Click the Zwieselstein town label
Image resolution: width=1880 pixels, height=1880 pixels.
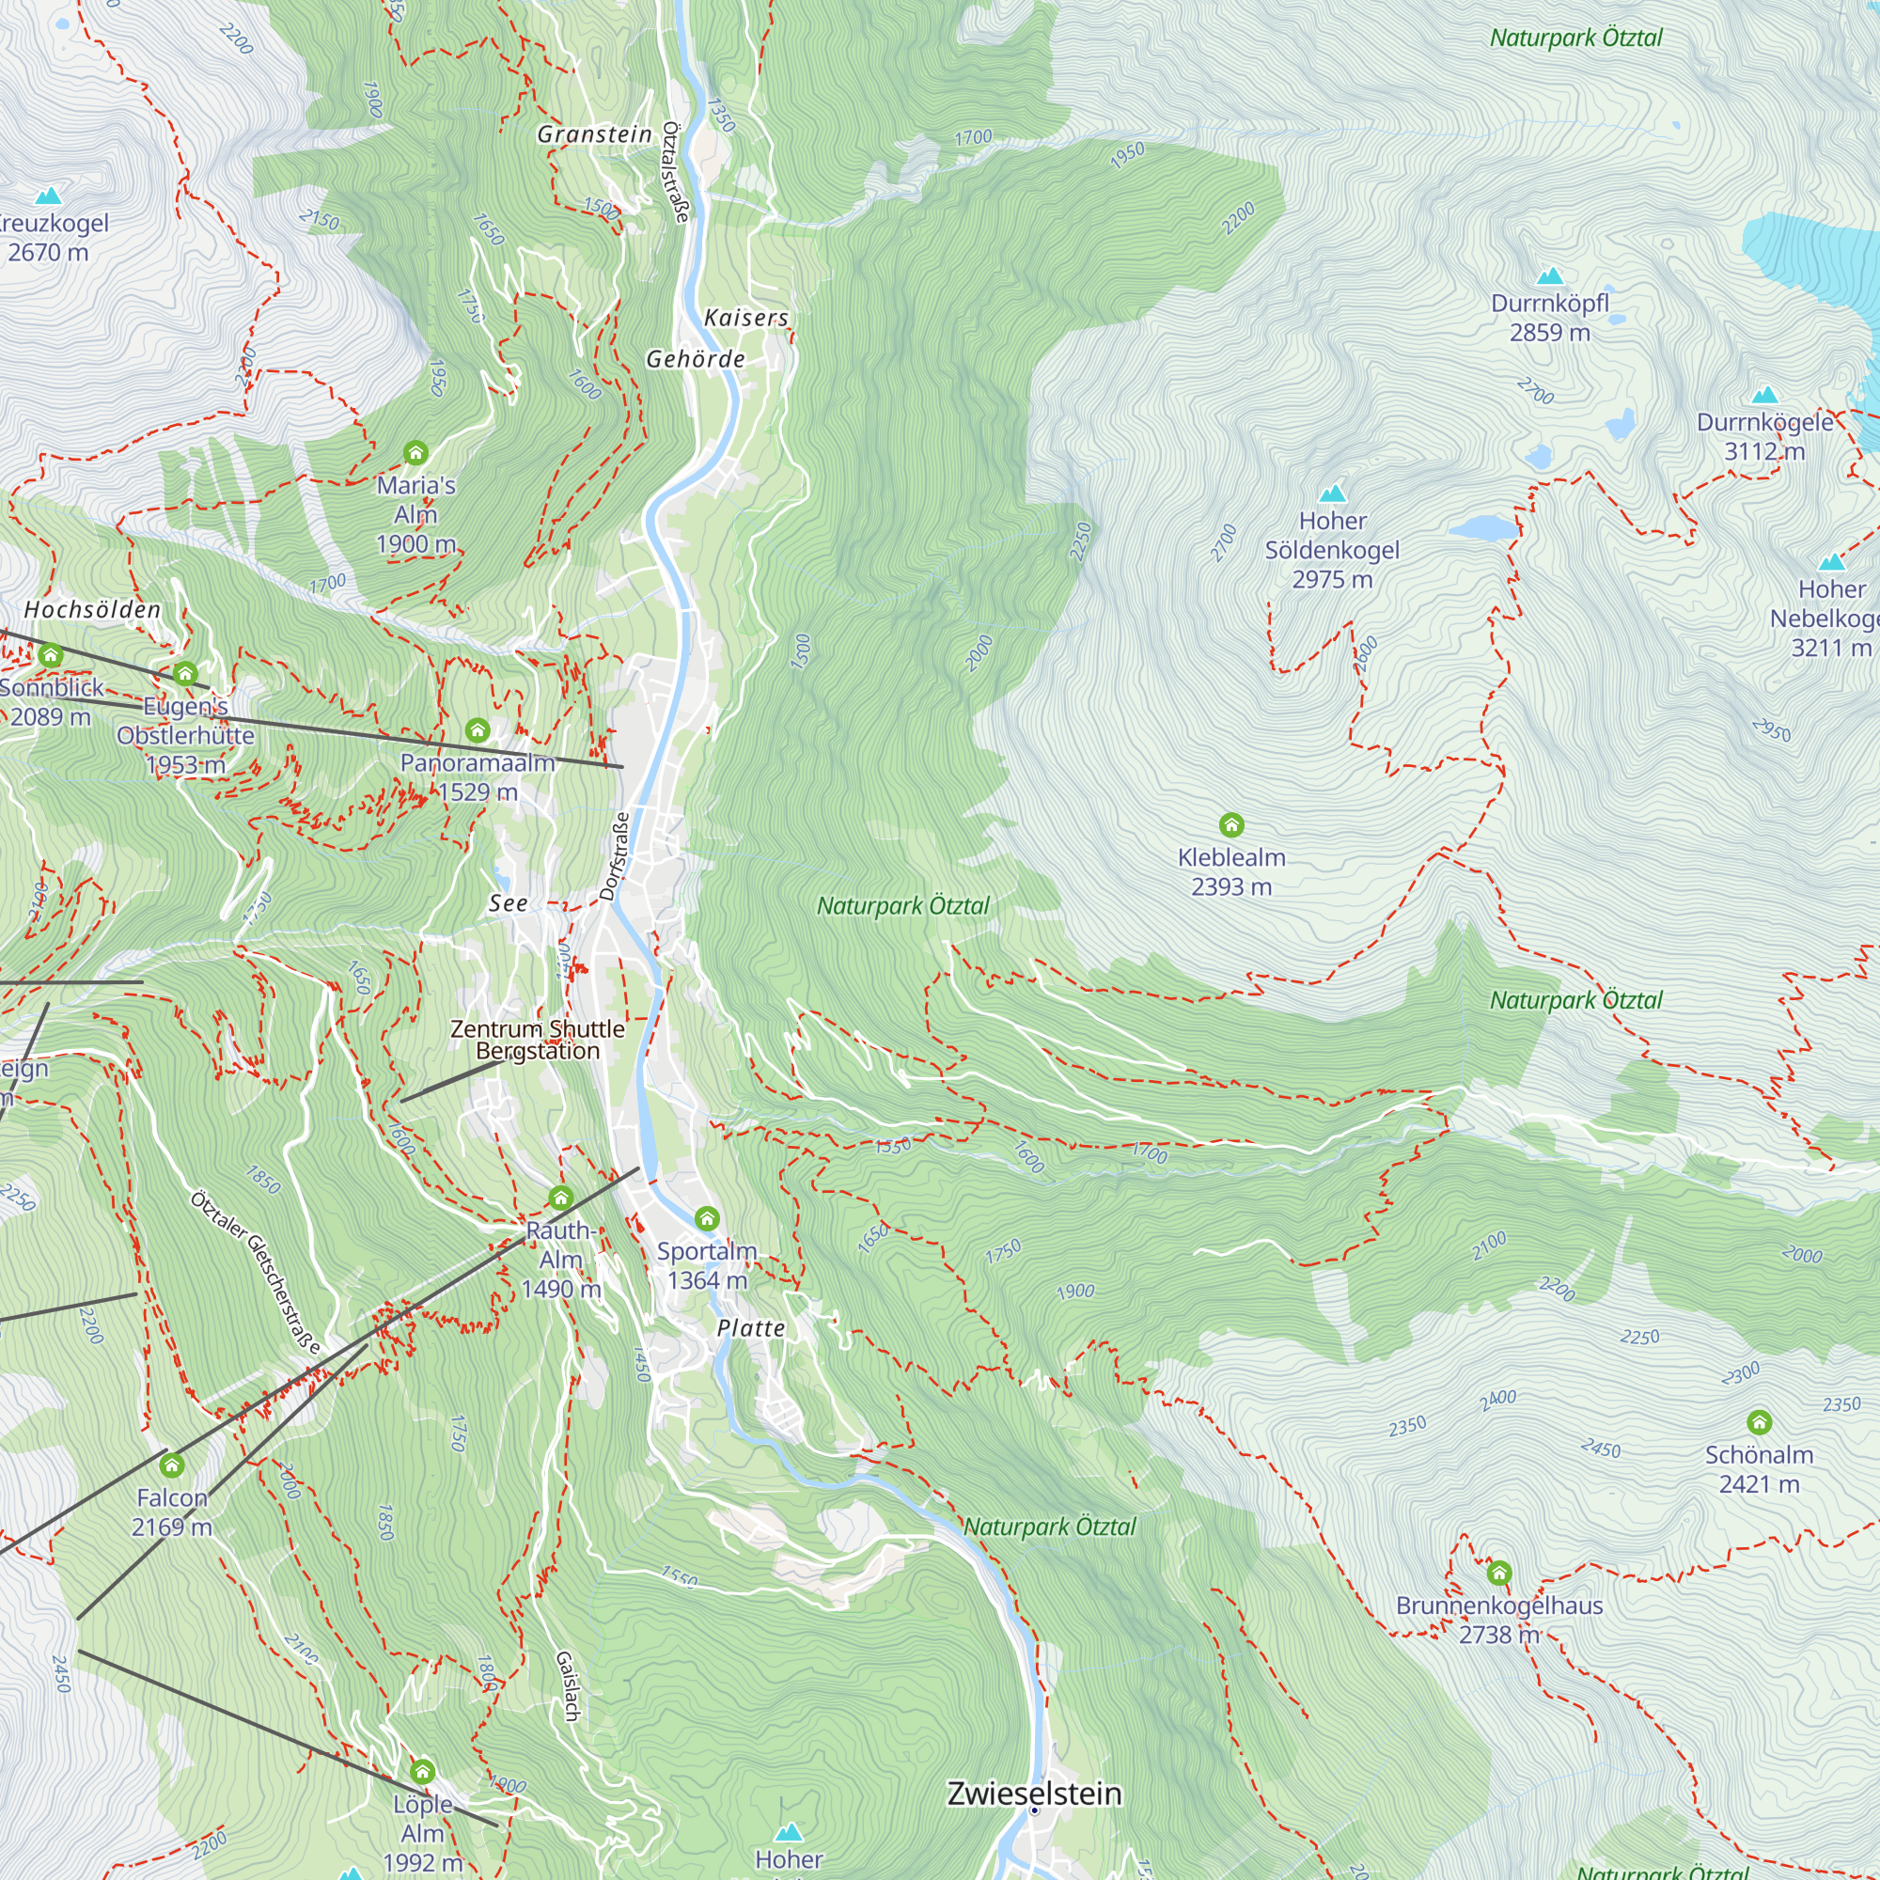tap(1034, 1794)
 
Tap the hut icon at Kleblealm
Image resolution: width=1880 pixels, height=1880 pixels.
tap(1231, 825)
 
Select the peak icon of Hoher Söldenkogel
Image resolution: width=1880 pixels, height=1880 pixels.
tap(1332, 493)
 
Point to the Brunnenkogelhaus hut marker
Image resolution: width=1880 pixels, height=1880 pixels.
tap(1498, 1573)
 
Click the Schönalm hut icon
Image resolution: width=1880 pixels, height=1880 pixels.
tap(1759, 1422)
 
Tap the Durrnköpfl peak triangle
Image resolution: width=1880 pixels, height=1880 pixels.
tap(1549, 276)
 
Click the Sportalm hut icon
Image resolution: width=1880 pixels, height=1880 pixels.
tap(707, 1218)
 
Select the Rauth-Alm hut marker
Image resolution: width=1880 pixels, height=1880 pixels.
tap(560, 1197)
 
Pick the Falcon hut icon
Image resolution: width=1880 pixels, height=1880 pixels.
tap(172, 1465)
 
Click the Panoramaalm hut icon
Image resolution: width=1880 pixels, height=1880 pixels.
tap(477, 729)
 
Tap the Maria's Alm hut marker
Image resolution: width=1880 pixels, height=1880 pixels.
tap(415, 452)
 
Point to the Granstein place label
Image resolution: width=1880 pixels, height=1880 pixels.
tap(595, 134)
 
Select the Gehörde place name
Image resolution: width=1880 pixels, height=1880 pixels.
tap(696, 359)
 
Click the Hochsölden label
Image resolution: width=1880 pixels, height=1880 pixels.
tap(92, 610)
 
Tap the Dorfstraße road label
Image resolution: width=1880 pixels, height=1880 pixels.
tap(614, 856)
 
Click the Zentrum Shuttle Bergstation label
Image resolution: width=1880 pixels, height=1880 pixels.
tap(537, 1040)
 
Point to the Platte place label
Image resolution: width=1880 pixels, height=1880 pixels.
tap(750, 1328)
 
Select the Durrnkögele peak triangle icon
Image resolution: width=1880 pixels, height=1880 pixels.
tap(1765, 395)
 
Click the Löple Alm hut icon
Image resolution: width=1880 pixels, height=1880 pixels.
tap(422, 1770)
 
